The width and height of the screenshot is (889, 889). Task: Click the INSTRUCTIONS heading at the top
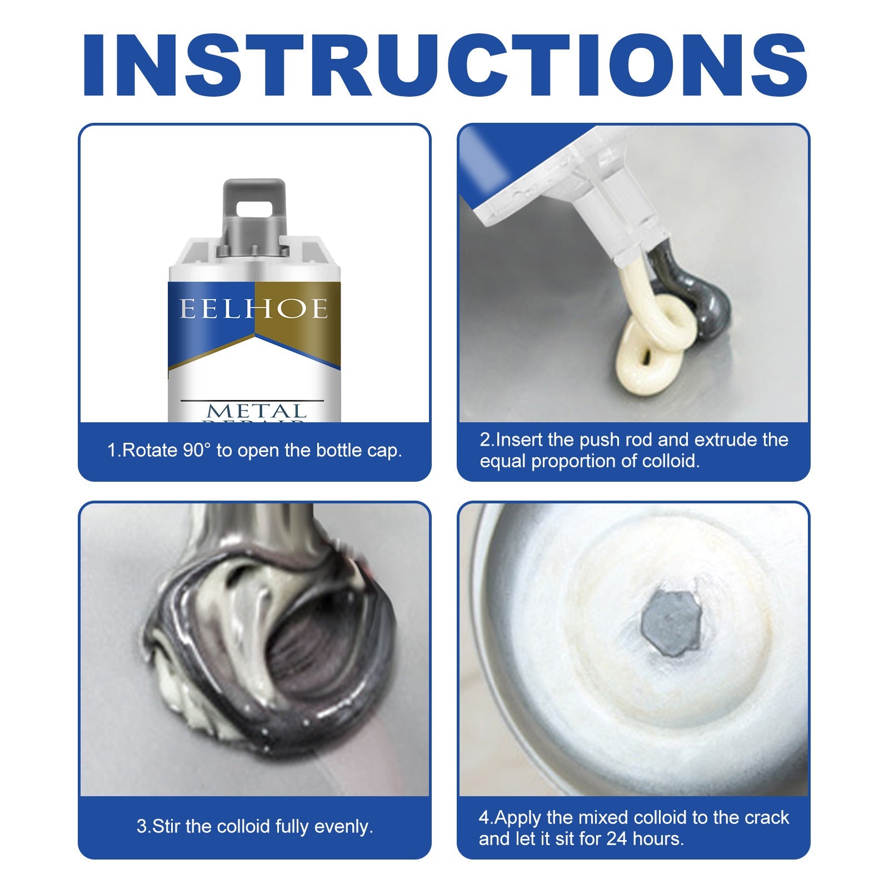click(444, 66)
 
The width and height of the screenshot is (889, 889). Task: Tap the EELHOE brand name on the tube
click(254, 309)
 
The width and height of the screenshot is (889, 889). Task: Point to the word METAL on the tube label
click(257, 411)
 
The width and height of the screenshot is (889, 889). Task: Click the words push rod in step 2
click(617, 439)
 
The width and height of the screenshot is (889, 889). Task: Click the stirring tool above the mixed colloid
click(256, 533)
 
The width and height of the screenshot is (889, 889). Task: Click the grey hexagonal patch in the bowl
click(670, 620)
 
